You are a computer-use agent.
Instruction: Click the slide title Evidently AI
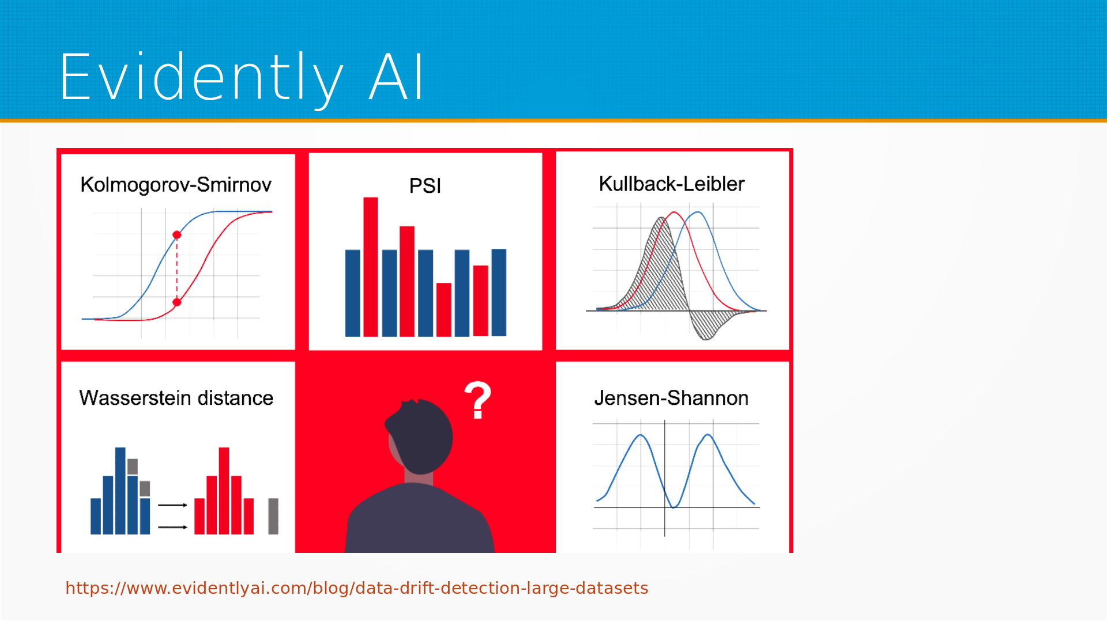242,77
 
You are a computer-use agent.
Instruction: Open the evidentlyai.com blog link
357,588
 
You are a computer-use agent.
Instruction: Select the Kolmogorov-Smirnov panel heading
176,185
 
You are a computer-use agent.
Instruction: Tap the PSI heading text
425,186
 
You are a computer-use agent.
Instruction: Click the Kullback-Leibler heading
672,184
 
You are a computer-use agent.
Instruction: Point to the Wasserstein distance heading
176,398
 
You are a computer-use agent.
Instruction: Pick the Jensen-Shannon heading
671,398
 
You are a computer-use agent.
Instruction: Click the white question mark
478,400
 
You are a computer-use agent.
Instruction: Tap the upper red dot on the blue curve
177,235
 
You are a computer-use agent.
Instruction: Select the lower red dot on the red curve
177,302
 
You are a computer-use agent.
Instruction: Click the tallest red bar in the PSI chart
371,267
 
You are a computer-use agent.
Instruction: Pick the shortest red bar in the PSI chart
444,310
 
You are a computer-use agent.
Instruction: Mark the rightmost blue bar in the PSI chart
499,293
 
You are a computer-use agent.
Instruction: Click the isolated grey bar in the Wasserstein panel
273,516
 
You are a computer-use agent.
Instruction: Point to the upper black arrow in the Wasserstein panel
172,505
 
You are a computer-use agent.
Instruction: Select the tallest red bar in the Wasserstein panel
224,491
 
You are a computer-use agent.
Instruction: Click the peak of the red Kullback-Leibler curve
673,213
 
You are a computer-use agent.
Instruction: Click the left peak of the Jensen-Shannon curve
641,436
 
